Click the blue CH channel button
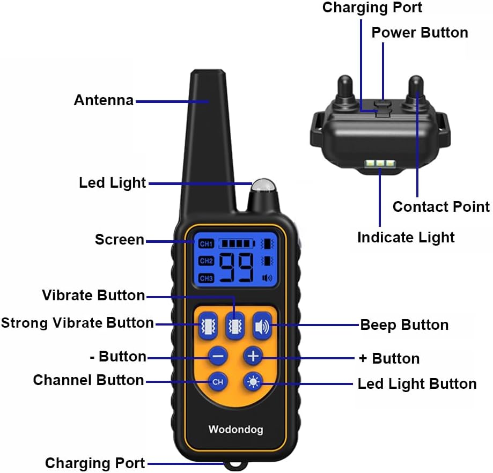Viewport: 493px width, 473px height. [x=218, y=381]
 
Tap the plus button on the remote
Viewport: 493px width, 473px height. [x=253, y=356]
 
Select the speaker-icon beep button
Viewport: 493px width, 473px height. [x=262, y=327]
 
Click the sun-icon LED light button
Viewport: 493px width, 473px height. [x=253, y=382]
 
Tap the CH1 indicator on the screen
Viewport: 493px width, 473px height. [x=206, y=243]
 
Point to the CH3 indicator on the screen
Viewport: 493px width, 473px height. [x=206, y=278]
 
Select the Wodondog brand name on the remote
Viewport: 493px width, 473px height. [x=236, y=430]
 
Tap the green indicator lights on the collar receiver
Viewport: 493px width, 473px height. [x=380, y=164]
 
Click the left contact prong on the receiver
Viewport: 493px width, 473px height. [x=345, y=89]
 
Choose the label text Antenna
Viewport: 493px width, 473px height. [x=104, y=100]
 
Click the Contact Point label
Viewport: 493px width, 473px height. [x=441, y=207]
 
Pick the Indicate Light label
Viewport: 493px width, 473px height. [x=406, y=238]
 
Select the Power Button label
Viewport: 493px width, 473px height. [x=420, y=32]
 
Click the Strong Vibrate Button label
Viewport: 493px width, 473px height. [x=77, y=323]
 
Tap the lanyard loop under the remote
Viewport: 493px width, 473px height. [x=236, y=465]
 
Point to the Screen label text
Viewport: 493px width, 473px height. [x=120, y=240]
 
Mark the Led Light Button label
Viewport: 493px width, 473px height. [x=417, y=384]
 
